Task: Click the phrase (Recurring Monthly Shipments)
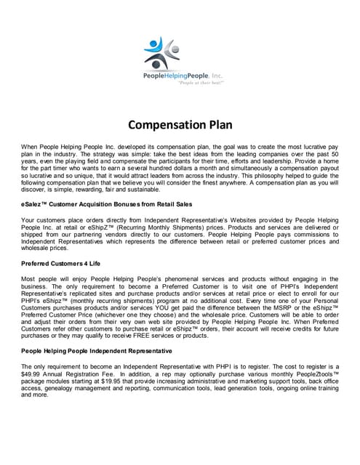[x=163, y=226]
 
